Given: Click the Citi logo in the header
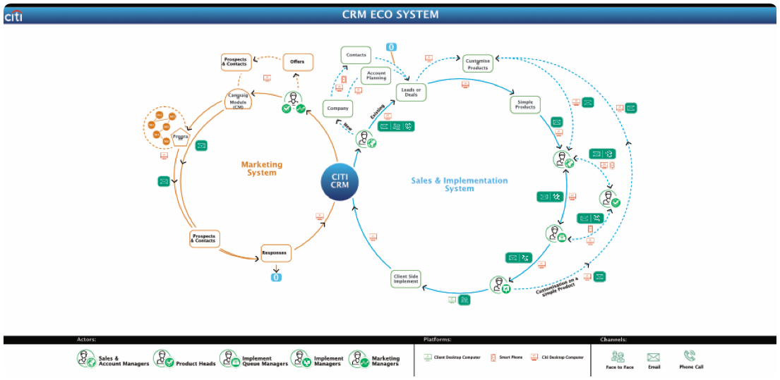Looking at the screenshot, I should [x=13, y=16].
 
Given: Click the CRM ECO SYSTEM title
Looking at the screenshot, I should [x=390, y=15].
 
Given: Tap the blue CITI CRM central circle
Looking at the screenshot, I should [x=340, y=180].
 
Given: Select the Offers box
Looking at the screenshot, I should [x=297, y=62].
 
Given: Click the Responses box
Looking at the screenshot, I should [x=274, y=252].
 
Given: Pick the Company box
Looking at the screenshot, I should [x=337, y=109].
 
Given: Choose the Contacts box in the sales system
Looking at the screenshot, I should [x=356, y=55].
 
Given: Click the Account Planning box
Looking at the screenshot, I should [x=376, y=75].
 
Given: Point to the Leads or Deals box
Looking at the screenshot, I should [x=411, y=92].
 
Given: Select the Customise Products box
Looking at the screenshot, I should [x=478, y=64].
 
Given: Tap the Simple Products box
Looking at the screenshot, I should [x=524, y=105].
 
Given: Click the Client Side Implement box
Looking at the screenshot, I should [x=406, y=279].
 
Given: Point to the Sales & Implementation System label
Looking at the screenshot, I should [x=459, y=184].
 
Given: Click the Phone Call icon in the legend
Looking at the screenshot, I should [x=690, y=357].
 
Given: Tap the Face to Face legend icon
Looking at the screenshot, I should [x=618, y=357].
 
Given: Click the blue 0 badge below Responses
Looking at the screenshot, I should [x=276, y=277].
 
